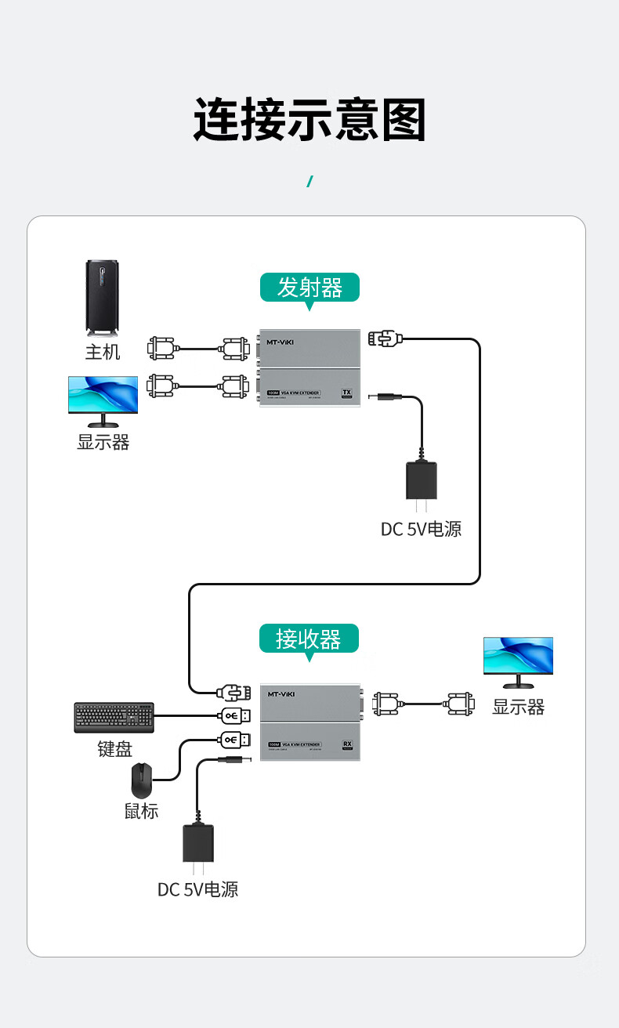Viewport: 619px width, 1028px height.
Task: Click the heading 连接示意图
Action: point(309,120)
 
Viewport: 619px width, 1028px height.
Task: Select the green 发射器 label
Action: point(309,288)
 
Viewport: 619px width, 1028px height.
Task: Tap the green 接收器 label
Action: point(309,639)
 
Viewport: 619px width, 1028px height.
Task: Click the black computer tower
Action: point(103,298)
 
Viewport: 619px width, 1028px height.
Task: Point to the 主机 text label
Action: point(103,352)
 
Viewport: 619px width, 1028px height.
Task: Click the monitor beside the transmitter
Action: point(103,400)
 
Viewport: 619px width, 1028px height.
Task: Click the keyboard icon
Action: point(114,717)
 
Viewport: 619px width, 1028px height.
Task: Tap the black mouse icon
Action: point(142,780)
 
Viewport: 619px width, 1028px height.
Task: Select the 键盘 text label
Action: point(114,749)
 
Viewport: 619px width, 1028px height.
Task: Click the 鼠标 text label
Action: point(142,811)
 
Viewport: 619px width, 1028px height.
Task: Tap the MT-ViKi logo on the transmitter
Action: point(282,342)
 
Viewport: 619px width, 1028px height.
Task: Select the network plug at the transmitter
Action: point(385,338)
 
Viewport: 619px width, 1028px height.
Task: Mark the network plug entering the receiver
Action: point(233,692)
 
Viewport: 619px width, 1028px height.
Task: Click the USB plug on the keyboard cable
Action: point(234,715)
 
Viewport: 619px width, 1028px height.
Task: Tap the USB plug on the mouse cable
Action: point(234,739)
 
